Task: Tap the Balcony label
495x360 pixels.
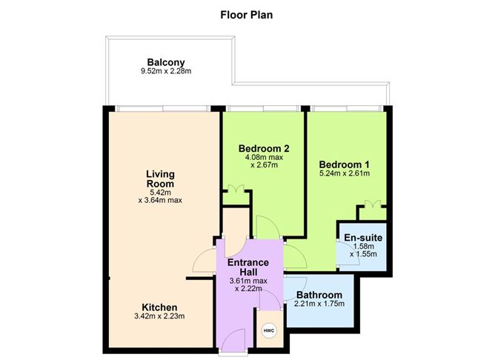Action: pyautogui.click(x=165, y=61)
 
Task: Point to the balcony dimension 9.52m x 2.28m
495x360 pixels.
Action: pyautogui.click(x=166, y=72)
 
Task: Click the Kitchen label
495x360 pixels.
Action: pyautogui.click(x=159, y=307)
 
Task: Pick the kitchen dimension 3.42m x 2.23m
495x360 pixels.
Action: pyautogui.click(x=159, y=316)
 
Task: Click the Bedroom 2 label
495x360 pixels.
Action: pyautogui.click(x=263, y=148)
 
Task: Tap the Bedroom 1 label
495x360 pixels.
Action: pyautogui.click(x=344, y=164)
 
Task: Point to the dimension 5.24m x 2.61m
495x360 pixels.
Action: pyautogui.click(x=344, y=173)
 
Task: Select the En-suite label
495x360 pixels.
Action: pyautogui.click(x=363, y=237)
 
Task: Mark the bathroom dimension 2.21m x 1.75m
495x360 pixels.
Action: pyautogui.click(x=320, y=303)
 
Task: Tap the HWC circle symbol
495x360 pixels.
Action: pyautogui.click(x=268, y=331)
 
